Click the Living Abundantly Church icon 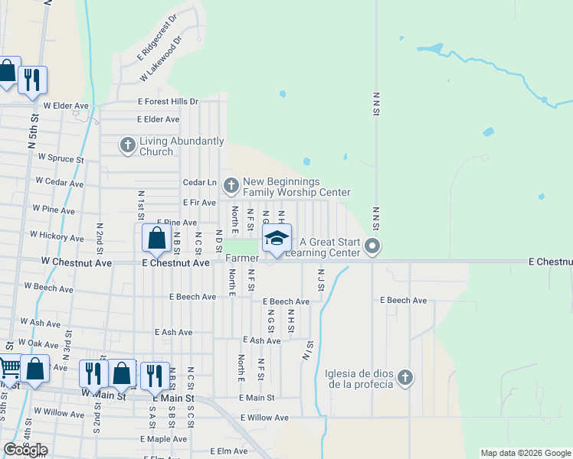click(128, 145)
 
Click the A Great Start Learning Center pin click(373, 246)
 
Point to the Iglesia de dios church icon click(405, 376)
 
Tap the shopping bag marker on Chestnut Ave click(156, 238)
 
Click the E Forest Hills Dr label click(168, 101)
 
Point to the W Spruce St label click(61, 159)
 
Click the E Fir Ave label click(198, 202)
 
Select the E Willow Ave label click(264, 418)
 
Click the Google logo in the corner click(25, 450)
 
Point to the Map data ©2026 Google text click(526, 453)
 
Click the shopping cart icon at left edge click(8, 369)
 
